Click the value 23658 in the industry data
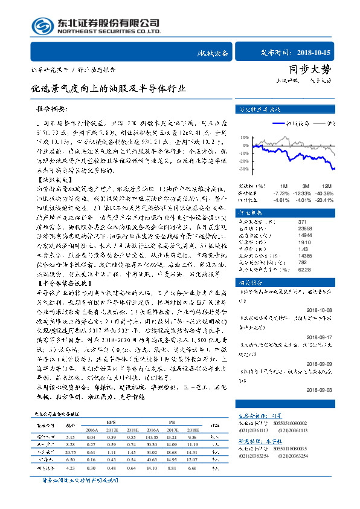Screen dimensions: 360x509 click(x=278, y=229)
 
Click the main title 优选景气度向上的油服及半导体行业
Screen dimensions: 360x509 click(x=109, y=89)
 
